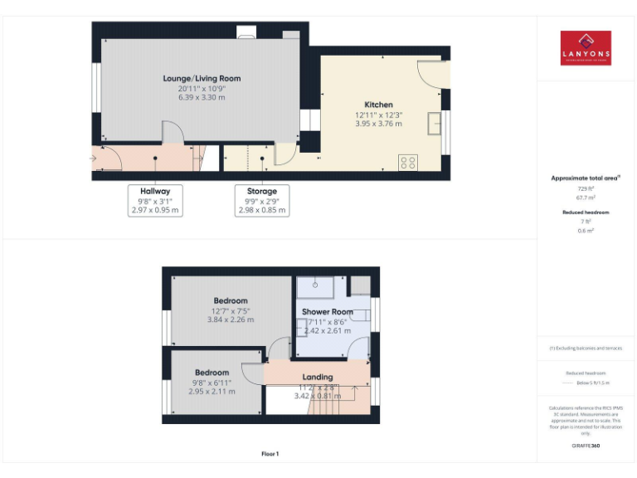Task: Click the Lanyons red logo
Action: (x=586, y=48)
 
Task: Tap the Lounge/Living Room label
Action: (x=202, y=79)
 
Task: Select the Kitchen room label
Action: (x=378, y=105)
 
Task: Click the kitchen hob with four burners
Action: (x=407, y=162)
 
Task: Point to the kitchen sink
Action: (x=434, y=123)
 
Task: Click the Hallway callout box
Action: (x=155, y=200)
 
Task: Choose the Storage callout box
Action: (x=262, y=200)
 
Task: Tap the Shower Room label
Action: (x=327, y=312)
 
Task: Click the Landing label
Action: (x=318, y=377)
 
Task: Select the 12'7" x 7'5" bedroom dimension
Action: (x=231, y=310)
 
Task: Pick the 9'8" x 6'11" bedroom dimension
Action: (x=212, y=383)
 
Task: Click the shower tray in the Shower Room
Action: (x=316, y=287)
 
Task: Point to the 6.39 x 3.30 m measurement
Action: (x=202, y=97)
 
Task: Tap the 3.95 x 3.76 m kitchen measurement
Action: (x=378, y=124)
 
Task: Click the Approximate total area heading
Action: (x=586, y=178)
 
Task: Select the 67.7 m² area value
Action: (x=586, y=198)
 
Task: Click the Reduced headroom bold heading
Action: (x=586, y=212)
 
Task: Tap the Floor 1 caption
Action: (x=270, y=454)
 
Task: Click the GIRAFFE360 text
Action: (x=586, y=446)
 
